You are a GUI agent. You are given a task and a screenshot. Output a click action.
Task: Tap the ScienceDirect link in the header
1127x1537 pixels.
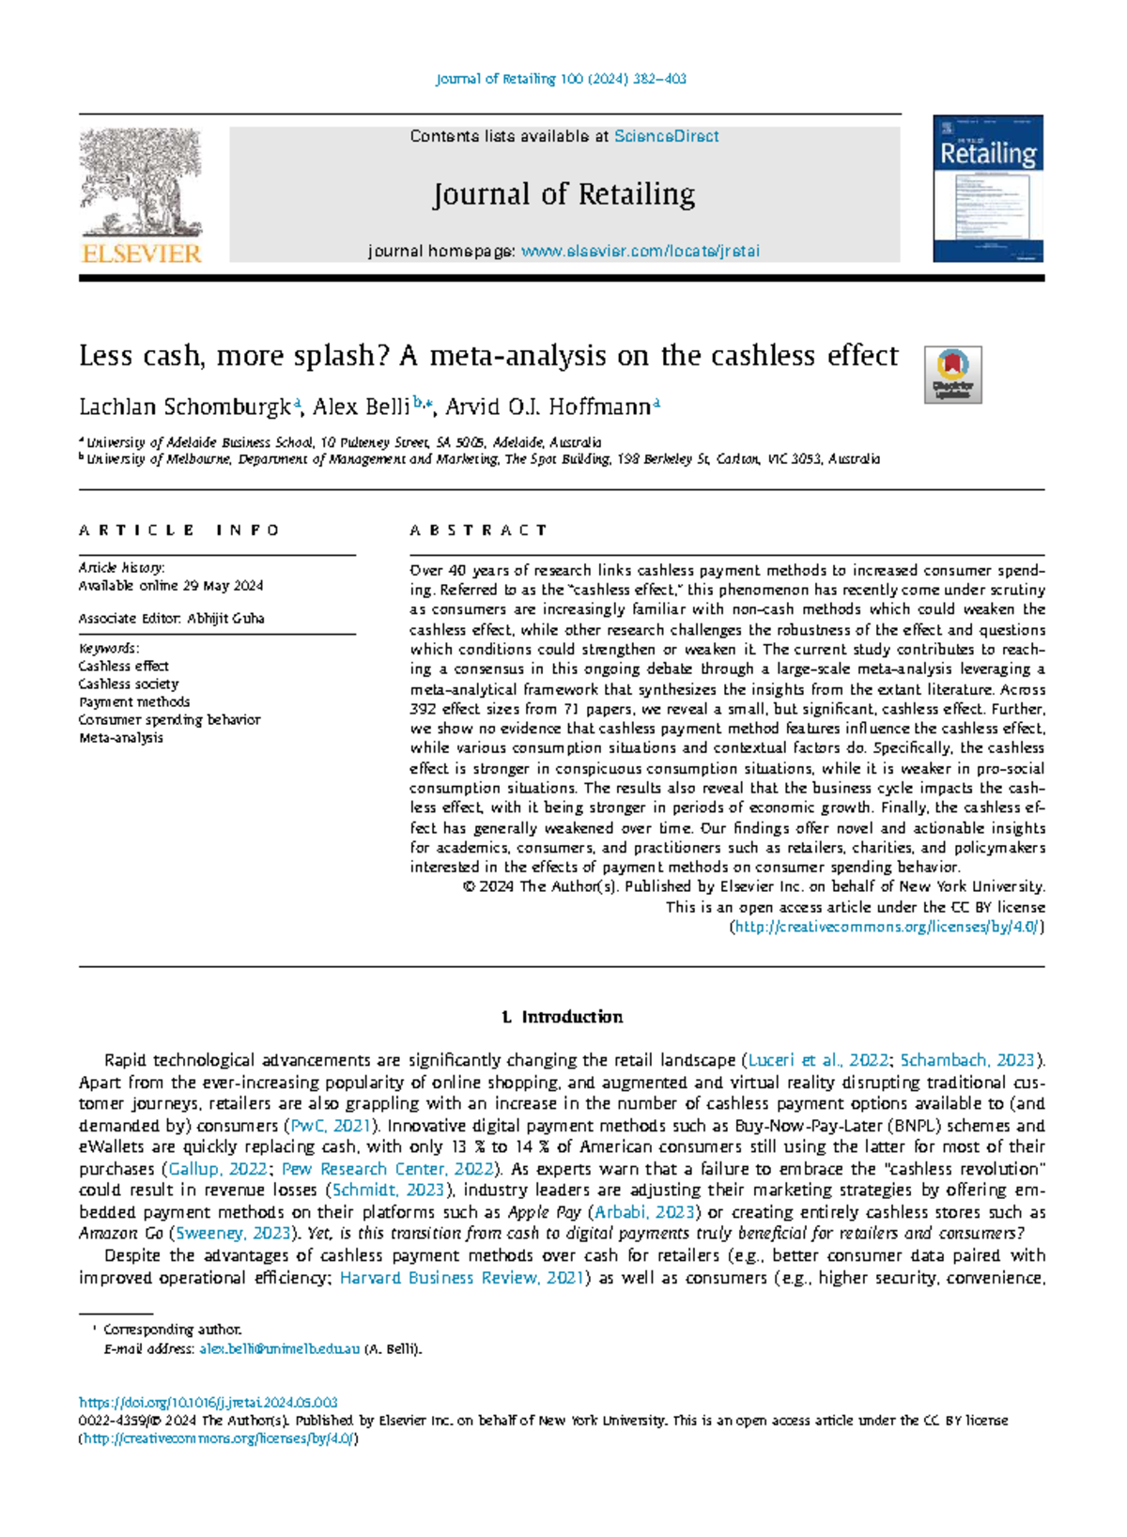[x=666, y=136]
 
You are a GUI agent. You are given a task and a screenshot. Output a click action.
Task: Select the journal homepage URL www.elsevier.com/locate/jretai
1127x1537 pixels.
[x=640, y=252]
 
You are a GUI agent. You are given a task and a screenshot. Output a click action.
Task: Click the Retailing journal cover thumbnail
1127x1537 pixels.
[x=987, y=189]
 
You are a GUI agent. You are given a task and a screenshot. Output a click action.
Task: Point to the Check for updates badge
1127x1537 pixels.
[x=952, y=375]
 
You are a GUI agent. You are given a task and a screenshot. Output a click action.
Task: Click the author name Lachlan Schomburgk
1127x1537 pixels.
[x=185, y=407]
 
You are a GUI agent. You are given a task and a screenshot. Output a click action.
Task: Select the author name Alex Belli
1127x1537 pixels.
[x=361, y=407]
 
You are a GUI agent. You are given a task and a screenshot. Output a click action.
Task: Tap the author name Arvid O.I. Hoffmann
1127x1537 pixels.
[x=548, y=407]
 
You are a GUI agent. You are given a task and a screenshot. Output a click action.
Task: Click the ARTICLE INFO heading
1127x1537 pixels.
[x=178, y=530]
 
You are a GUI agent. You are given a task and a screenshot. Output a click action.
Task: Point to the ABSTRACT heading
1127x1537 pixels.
[x=478, y=530]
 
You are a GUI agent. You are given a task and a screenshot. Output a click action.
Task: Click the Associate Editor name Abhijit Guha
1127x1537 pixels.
[x=225, y=619]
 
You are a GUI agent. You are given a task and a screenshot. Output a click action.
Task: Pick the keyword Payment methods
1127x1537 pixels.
[x=134, y=702]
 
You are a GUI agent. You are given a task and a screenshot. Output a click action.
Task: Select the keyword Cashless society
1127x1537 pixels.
[x=129, y=684]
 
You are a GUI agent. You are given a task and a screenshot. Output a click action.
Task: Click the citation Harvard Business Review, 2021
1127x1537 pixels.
[x=461, y=1278]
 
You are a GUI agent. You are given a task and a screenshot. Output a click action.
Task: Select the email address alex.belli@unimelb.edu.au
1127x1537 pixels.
[x=279, y=1349]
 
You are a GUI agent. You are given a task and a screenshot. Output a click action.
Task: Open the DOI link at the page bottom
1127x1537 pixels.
[x=208, y=1402]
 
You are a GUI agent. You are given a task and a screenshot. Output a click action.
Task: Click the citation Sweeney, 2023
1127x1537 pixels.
[x=233, y=1234]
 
